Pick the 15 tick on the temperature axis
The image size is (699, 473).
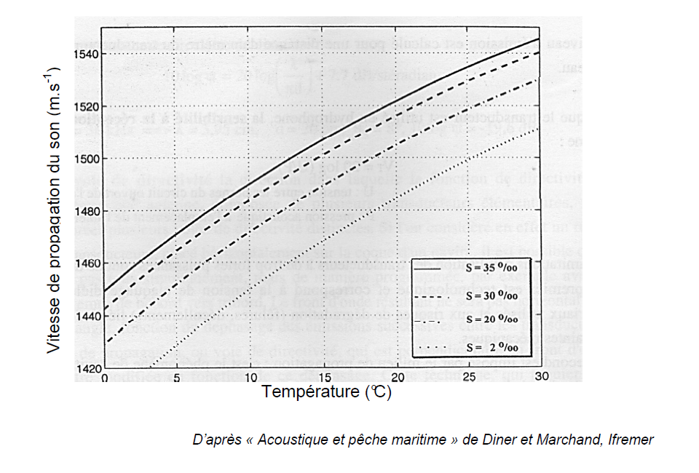click(323, 378)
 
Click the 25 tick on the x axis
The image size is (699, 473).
click(470, 378)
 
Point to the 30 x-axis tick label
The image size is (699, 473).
click(540, 378)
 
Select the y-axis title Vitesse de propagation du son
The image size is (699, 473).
click(53, 211)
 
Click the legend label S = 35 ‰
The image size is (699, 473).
click(491, 269)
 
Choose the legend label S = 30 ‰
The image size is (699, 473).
click(491, 295)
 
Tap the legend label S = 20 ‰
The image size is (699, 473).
click(491, 319)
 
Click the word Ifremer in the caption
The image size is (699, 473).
click(631, 440)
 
